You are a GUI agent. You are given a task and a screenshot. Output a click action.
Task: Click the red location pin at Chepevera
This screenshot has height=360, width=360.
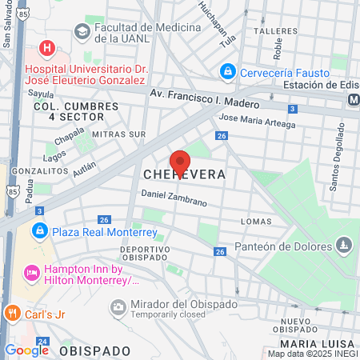[180, 161]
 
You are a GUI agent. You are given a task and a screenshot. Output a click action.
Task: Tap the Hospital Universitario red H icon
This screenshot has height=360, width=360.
[47, 48]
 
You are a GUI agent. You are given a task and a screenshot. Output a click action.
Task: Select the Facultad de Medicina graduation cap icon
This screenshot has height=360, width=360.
[82, 31]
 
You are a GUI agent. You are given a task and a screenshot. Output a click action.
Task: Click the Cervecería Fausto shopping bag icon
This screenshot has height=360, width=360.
[227, 72]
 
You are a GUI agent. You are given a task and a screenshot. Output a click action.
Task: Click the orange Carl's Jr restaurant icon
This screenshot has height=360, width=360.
[11, 311]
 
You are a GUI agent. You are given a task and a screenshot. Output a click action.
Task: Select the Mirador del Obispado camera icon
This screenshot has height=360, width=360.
[118, 306]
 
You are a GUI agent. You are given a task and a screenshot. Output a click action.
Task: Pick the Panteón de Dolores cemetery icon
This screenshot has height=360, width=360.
[344, 243]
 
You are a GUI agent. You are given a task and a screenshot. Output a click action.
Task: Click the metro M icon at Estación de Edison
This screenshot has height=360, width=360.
[353, 99]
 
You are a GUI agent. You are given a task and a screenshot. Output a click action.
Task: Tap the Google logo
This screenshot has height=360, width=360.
[26, 350]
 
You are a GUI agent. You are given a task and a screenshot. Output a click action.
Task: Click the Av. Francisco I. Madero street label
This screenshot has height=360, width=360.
[205, 99]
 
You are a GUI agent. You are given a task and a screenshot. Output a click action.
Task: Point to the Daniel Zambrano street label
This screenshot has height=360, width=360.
[174, 198]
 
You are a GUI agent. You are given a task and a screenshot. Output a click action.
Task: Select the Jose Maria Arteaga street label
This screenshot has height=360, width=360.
[257, 121]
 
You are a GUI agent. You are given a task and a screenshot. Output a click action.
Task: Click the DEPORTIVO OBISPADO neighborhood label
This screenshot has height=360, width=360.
[146, 254]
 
